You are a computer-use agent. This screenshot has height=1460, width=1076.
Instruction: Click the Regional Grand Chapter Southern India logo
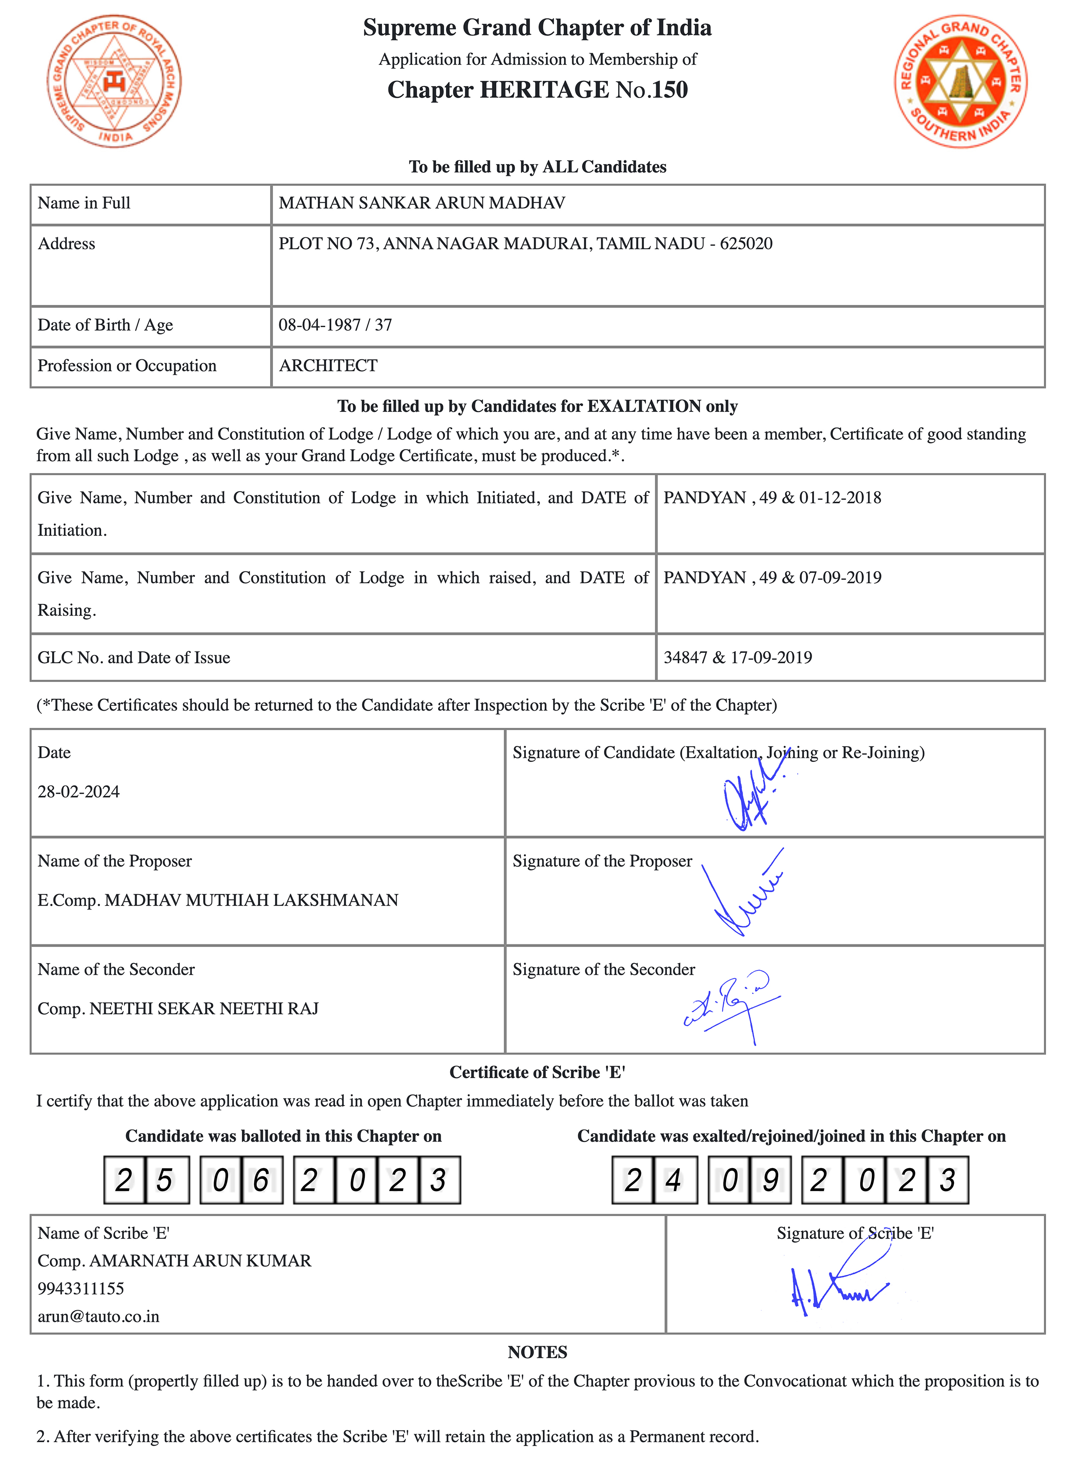(960, 81)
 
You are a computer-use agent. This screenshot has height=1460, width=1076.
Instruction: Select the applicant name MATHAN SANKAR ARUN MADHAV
(421, 203)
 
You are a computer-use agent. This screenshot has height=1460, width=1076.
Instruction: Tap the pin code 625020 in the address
(746, 244)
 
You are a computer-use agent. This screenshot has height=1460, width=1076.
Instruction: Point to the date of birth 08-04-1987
(319, 325)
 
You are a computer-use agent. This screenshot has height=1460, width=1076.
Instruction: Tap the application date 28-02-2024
(79, 791)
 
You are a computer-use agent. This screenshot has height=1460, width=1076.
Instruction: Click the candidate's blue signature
(752, 798)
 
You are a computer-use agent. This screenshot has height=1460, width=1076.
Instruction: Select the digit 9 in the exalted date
(770, 1180)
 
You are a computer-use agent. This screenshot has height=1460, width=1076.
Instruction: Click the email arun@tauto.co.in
(98, 1316)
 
